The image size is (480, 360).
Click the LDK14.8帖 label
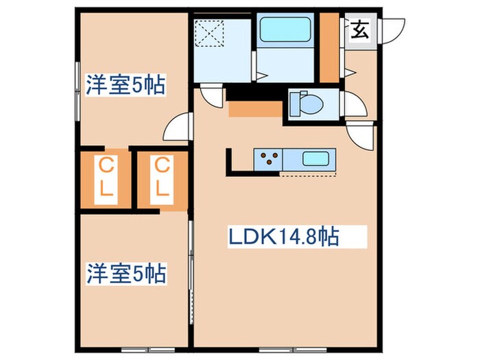click(283, 238)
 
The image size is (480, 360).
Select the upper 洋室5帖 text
click(124, 85)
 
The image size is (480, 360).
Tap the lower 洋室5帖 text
click(124, 274)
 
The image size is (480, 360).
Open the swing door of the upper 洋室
click(177, 127)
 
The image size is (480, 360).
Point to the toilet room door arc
click(355, 105)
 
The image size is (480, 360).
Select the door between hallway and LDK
click(362, 134)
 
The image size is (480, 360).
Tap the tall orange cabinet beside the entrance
click(330, 47)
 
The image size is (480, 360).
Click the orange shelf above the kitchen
click(255, 108)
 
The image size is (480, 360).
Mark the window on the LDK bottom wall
click(295, 348)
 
